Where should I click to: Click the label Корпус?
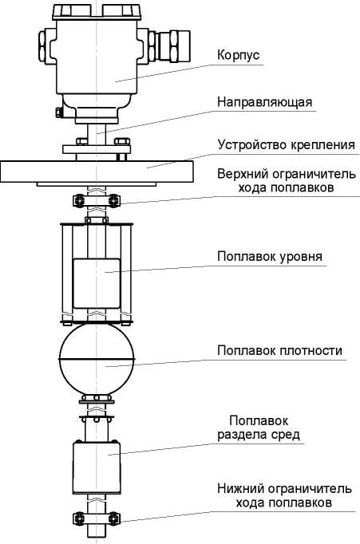coord(238,56)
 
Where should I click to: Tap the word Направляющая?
coord(264,102)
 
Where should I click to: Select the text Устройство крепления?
coord(287,144)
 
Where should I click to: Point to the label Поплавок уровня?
coord(270,257)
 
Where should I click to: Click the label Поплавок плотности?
coord(279,350)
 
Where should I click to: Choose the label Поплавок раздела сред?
coord(259,428)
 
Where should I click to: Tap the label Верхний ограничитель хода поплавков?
coord(287,180)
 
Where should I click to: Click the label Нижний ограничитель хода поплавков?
coord(284,495)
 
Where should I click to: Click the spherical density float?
coord(97,359)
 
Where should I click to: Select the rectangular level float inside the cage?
coord(97,283)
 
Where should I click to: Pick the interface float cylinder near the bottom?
coord(97,467)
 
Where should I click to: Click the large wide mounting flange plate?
coord(97,171)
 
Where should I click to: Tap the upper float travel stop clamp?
coord(97,200)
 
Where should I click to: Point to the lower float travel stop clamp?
coord(97,518)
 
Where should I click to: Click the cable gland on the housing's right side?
coord(169,46)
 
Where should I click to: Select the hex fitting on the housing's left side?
coord(42,46)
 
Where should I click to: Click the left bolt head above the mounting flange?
coord(81,141)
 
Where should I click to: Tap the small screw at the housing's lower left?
coord(58,112)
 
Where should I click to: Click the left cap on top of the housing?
coord(72,11)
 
